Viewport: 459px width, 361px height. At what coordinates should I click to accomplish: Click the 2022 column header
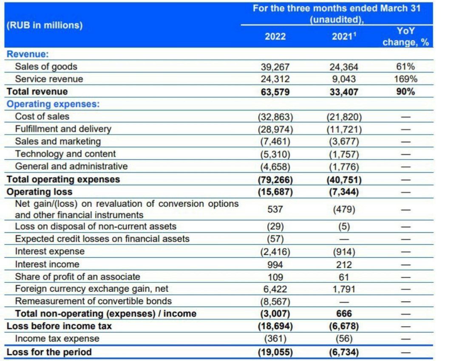pos(275,37)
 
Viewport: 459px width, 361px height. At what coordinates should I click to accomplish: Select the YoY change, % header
pos(405,37)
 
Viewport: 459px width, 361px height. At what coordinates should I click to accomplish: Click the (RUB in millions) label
pos(44,25)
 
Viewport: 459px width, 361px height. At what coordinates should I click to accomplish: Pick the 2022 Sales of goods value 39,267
pos(275,67)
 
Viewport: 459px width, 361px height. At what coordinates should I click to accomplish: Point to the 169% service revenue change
pos(405,79)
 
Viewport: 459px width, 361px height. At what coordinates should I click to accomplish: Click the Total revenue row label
pos(37,91)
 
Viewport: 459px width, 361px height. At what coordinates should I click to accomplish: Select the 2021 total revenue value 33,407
pos(344,92)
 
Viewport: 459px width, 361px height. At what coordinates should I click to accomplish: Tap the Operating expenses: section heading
pos(53,104)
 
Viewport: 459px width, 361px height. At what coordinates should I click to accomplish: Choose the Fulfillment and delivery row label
pos(63,129)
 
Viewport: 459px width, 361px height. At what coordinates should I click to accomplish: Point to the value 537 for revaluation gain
pos(275,209)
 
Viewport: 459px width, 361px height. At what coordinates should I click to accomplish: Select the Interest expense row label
pos(50,251)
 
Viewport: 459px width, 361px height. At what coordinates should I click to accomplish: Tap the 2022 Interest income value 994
pos(275,265)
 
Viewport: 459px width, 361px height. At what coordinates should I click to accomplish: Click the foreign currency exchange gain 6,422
pos(275,289)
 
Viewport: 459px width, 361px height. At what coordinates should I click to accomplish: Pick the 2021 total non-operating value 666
pos(344,314)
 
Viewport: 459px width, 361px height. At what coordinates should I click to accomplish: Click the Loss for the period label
pos(49,352)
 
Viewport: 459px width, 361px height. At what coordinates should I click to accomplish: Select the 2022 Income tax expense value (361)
pos(275,339)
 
